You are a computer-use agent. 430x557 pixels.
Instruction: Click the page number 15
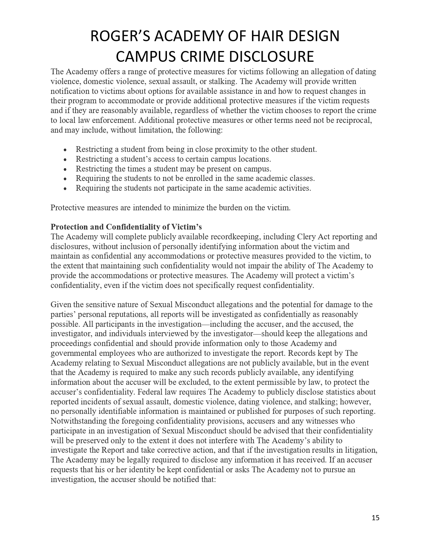376,518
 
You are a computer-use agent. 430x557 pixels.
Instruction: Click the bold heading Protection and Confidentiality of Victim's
126,227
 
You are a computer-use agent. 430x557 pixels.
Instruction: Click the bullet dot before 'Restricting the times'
65,169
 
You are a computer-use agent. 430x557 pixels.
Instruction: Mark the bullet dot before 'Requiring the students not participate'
65,188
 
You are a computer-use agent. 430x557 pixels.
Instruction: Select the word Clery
306,237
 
